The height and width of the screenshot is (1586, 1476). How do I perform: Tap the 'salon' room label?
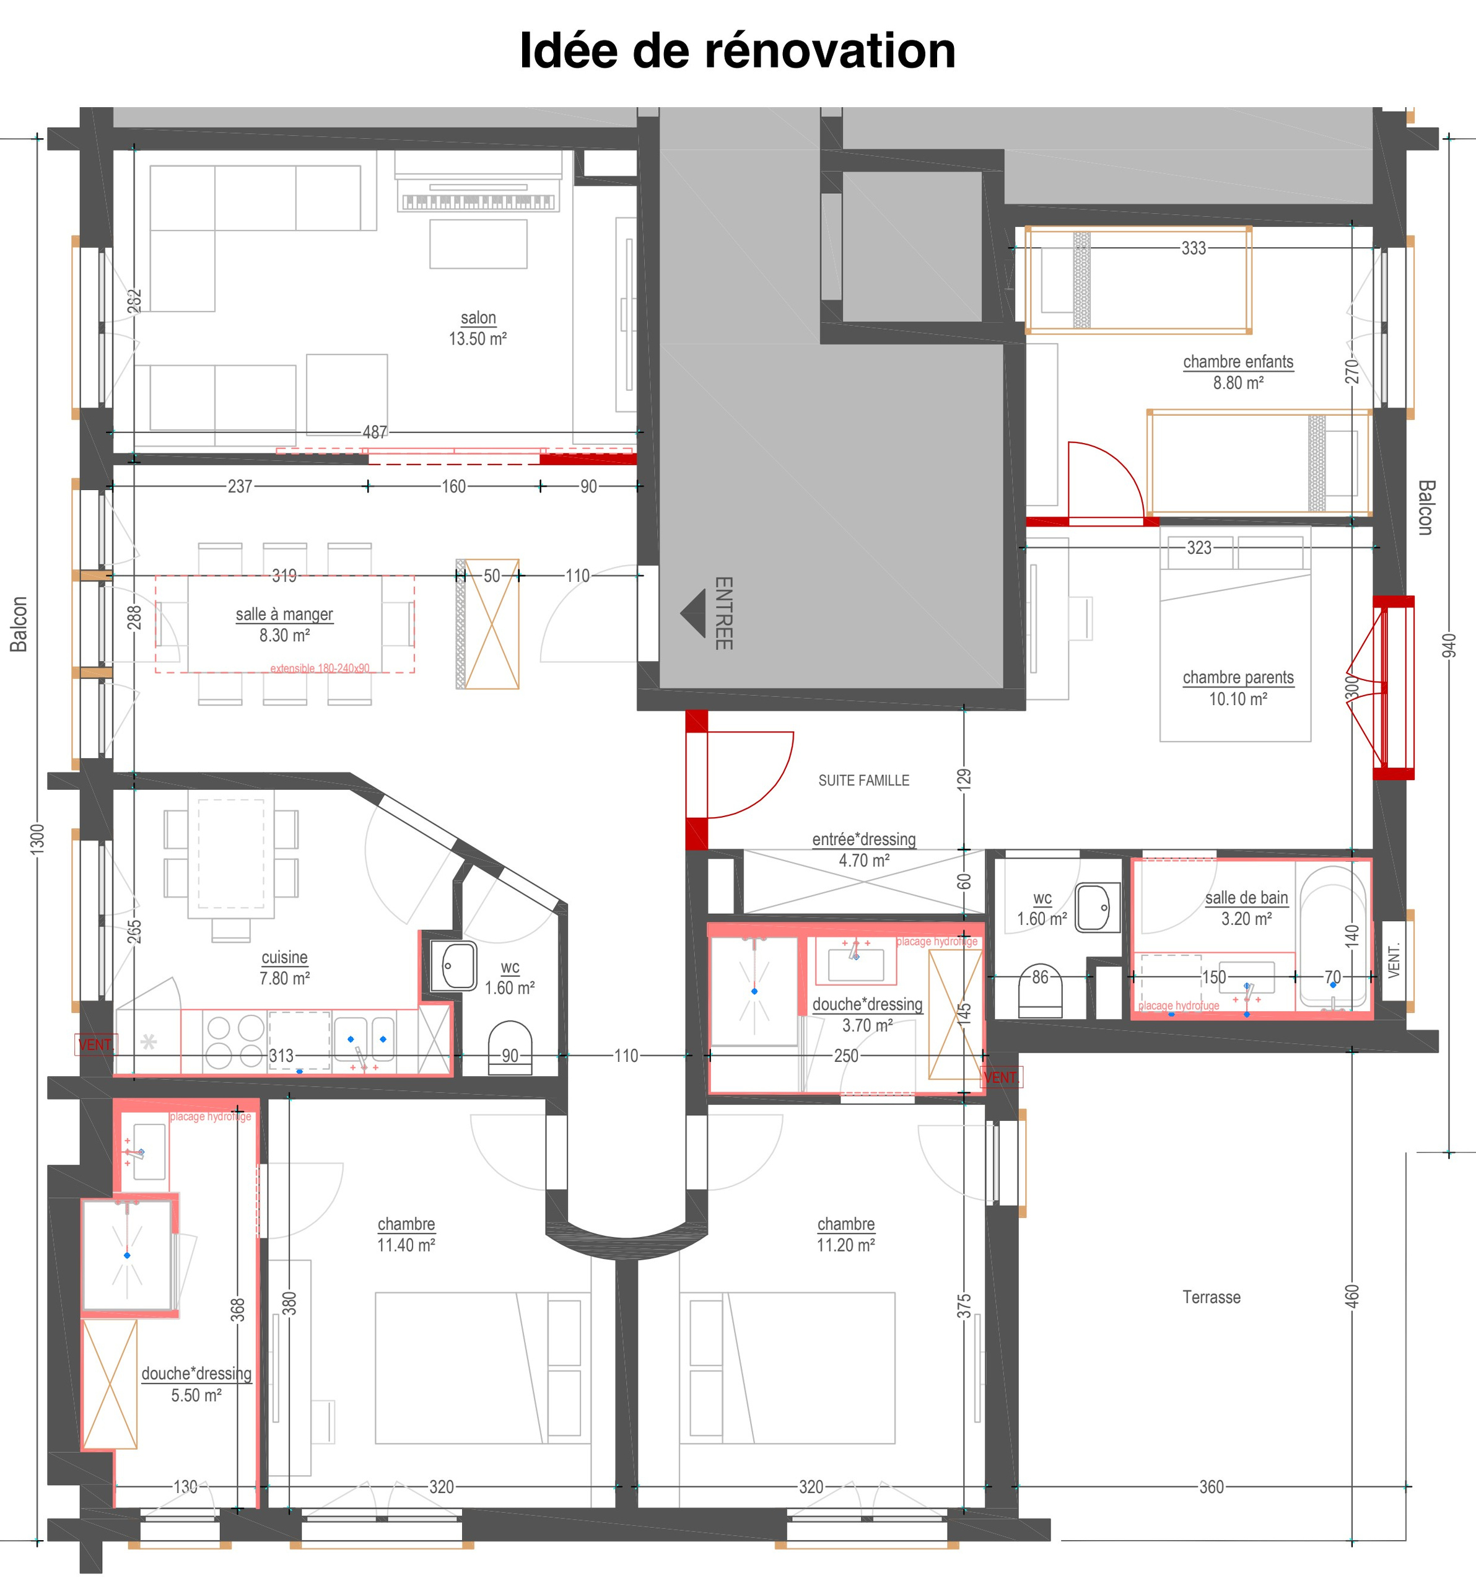point(478,318)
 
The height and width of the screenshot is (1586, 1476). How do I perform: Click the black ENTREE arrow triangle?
point(694,613)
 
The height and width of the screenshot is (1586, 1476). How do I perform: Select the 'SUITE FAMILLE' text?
point(863,780)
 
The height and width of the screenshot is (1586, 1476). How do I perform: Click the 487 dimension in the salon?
point(375,432)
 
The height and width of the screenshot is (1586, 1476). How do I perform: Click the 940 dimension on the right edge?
point(1449,646)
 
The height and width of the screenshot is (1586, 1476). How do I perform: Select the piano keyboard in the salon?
point(478,202)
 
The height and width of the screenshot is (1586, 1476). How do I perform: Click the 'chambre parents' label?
point(1238,677)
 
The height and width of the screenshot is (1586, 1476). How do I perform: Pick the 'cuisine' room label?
point(285,957)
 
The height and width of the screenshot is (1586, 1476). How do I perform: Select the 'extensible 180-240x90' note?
point(320,668)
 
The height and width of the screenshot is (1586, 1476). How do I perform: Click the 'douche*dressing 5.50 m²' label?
point(196,1383)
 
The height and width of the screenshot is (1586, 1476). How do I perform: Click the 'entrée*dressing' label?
point(863,839)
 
